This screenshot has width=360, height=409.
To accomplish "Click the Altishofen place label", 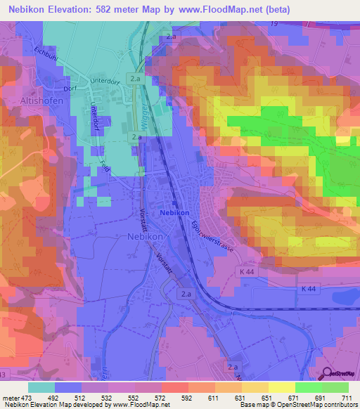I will click(x=23, y=101).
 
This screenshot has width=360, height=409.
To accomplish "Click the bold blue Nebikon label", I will click(x=174, y=212).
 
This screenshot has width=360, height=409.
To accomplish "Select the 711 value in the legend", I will click(x=347, y=397).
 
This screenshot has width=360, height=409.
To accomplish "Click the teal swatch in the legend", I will click(x=41, y=387).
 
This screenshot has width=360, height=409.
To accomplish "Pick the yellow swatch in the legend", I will click(x=282, y=387).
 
